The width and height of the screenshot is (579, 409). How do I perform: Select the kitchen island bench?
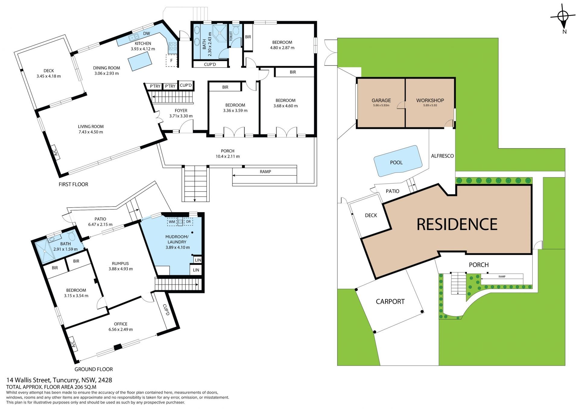coord(140,61)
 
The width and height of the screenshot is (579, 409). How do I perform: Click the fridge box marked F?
coord(172,61)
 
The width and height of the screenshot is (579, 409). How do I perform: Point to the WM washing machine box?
coord(172,222)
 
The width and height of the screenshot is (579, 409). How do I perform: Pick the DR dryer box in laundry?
coord(188,222)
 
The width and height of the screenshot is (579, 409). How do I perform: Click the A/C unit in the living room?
coord(55,152)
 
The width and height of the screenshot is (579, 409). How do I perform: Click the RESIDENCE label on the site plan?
coord(457,224)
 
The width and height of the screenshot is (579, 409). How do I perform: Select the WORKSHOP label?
coord(430,100)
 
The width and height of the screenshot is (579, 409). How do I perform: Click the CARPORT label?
coord(390,302)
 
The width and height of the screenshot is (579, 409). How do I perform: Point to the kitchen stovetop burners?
coord(173,46)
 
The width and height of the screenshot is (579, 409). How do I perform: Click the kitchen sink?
coord(133,37)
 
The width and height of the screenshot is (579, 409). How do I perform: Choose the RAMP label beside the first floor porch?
coord(265,171)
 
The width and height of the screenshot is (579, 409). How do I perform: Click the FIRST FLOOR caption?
coord(73,184)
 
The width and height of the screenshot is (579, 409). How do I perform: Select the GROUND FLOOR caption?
coord(93,369)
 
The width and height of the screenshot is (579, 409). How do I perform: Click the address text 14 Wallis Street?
coord(29,380)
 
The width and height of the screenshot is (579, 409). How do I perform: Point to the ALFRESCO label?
coord(442,156)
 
